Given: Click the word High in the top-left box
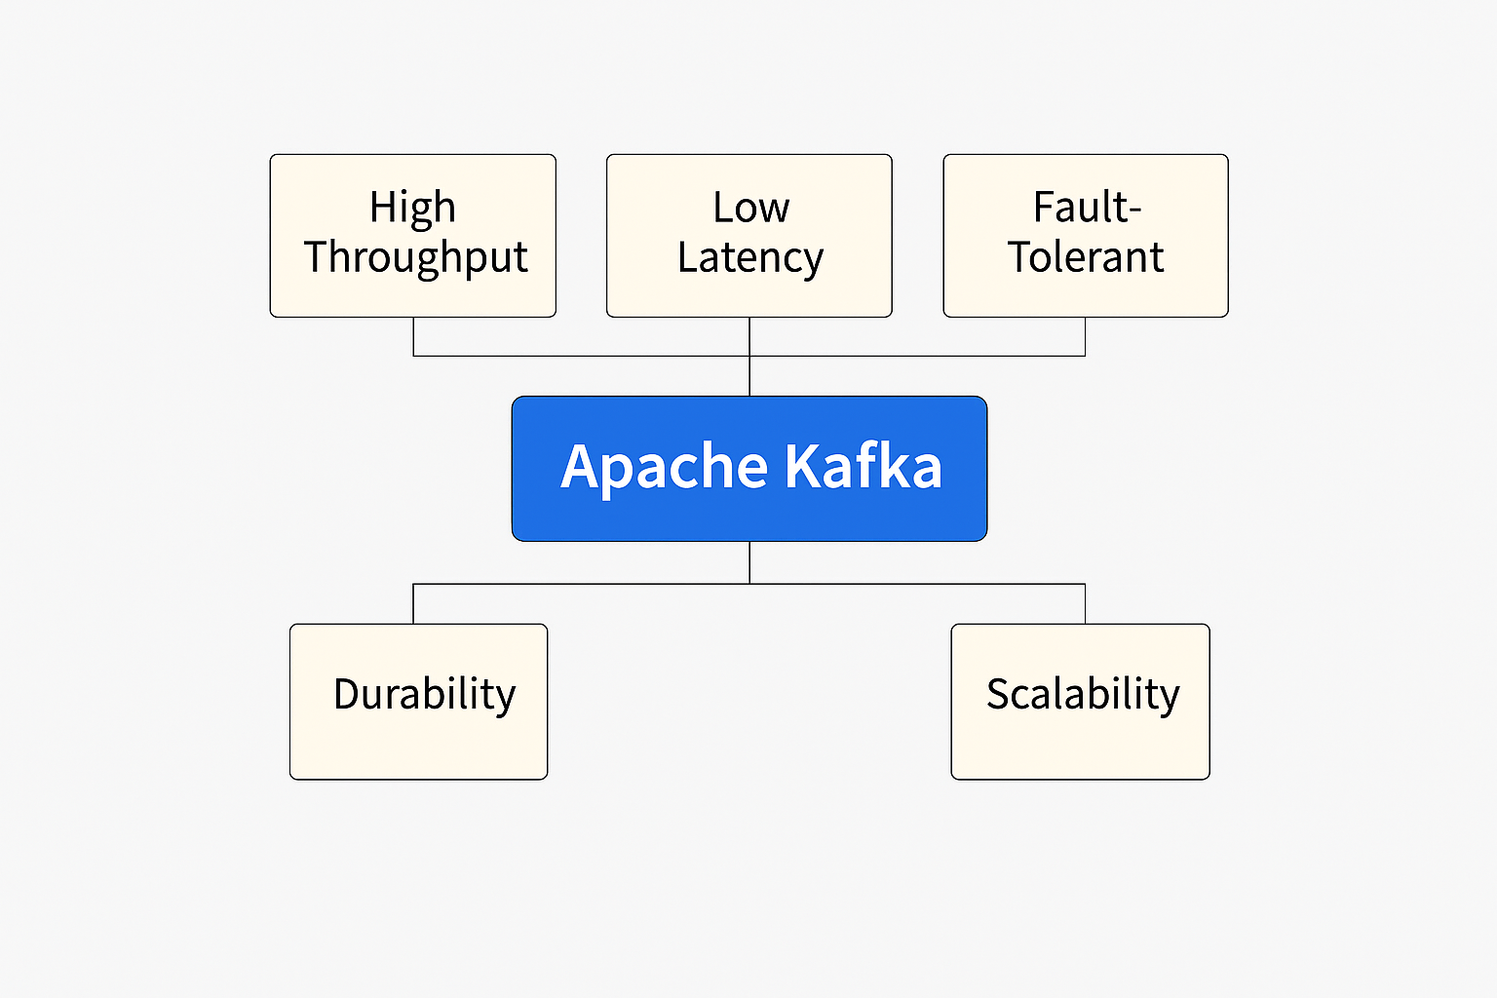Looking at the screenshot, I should [x=412, y=208].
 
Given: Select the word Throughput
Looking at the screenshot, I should [x=416, y=258].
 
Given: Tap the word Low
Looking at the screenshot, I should [x=750, y=208].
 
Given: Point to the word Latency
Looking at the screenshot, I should [x=750, y=258].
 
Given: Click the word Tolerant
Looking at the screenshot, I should [x=1086, y=257].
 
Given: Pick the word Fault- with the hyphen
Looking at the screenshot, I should [x=1087, y=208].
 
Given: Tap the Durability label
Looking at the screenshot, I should [x=424, y=695].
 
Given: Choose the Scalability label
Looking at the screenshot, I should [x=1083, y=695].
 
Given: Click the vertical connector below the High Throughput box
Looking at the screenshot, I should [x=413, y=336].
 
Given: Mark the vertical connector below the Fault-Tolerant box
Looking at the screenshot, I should [x=1085, y=336].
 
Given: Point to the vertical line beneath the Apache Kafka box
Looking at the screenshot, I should [x=749, y=562].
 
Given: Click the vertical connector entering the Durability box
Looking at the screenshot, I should [x=413, y=604].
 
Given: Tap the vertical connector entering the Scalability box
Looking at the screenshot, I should [x=1085, y=604].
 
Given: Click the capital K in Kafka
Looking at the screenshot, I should [x=802, y=467].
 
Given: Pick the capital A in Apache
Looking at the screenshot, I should [x=581, y=467].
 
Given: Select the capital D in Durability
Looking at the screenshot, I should [x=346, y=694].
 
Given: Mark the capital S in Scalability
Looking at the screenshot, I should [x=998, y=694].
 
